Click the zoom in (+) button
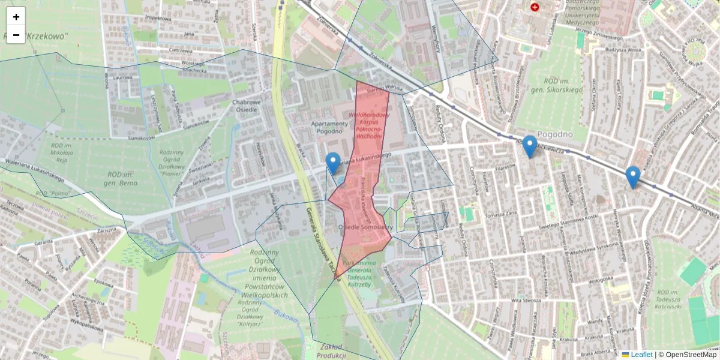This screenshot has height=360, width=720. [x=16, y=17]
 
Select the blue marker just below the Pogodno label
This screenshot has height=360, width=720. [x=529, y=146]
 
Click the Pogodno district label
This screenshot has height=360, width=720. [x=555, y=134]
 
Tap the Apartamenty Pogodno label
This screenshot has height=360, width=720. [x=329, y=127]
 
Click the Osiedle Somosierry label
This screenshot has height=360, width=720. [x=365, y=227]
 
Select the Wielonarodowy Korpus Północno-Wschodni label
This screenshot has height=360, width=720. [x=369, y=125]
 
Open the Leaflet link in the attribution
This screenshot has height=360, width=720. [x=641, y=355]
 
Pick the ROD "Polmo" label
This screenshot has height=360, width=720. [x=52, y=194]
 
